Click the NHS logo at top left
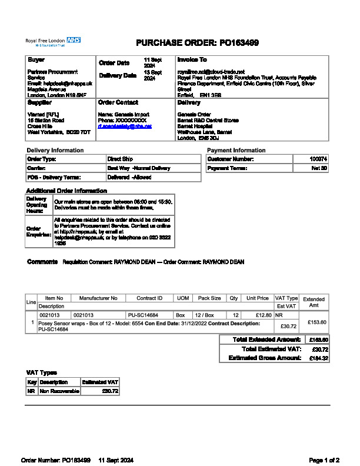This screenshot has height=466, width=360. click(x=74, y=40)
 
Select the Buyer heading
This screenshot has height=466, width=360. click(x=36, y=60)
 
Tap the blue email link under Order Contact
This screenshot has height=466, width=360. click(x=125, y=127)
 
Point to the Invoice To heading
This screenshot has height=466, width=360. click(x=192, y=60)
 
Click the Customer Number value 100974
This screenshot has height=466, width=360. click(x=319, y=159)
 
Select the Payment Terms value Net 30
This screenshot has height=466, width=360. click(x=319, y=168)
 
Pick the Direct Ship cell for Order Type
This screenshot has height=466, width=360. click(x=120, y=159)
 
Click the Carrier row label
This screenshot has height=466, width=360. click(x=36, y=168)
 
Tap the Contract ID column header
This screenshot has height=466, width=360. click(x=149, y=298)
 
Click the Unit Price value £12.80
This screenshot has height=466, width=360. click(x=259, y=315)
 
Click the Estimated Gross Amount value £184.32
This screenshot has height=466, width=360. click(x=318, y=358)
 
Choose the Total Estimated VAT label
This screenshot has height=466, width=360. click(x=271, y=349)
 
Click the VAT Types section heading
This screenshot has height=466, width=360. click(x=42, y=372)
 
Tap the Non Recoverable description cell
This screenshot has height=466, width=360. click(x=59, y=391)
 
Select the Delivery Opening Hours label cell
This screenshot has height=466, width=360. click(x=35, y=204)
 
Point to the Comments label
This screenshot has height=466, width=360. click(x=42, y=262)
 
